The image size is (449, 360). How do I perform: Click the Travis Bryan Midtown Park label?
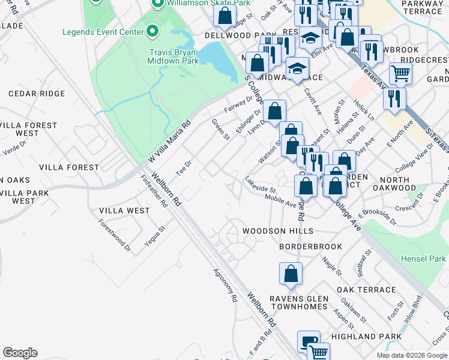tap(173, 56)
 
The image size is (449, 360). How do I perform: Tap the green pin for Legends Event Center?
tap(152, 31)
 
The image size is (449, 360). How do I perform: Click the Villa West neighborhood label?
tap(124, 211)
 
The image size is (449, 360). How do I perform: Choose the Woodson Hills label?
tap(277, 231)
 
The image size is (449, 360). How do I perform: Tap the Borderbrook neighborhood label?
tap(310, 247)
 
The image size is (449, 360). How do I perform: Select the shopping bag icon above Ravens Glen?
tap(291, 274)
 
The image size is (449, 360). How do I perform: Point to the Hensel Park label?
tap(423, 259)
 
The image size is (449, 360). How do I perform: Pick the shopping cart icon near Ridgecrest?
tap(400, 74)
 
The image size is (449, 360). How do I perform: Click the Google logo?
tap(20, 353)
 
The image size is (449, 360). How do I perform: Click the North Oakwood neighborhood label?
tap(402, 184)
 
